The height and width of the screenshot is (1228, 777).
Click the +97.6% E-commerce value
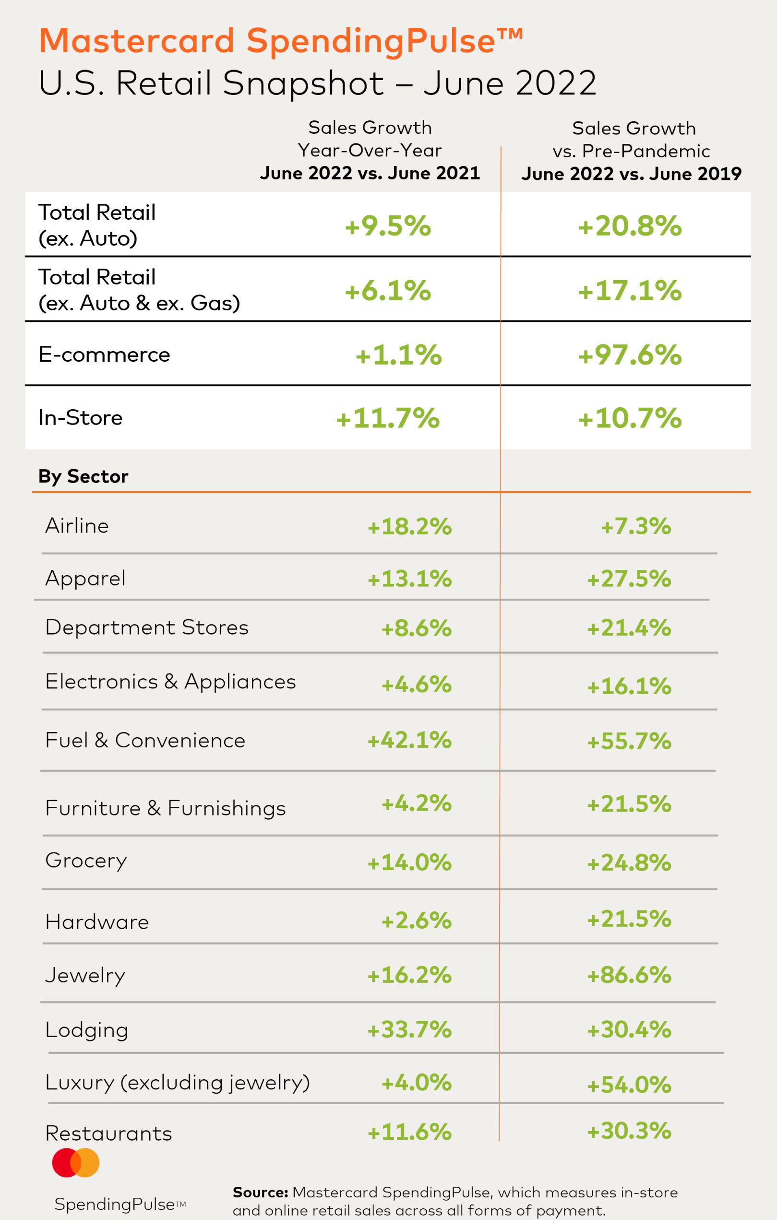pyautogui.click(x=630, y=355)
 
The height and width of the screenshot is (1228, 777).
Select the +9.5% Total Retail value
pyautogui.click(x=388, y=226)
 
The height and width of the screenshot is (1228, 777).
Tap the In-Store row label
pyautogui.click(x=81, y=418)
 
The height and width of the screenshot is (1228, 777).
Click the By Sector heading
pyautogui.click(x=83, y=476)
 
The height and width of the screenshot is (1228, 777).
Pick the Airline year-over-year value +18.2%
pyautogui.click(x=410, y=526)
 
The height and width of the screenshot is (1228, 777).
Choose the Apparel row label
pyautogui.click(x=85, y=579)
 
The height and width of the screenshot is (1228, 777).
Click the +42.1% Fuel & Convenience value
pyautogui.click(x=410, y=740)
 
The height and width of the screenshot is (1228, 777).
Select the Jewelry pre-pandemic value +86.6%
pyautogui.click(x=629, y=975)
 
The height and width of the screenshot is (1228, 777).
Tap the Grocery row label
pyautogui.click(x=86, y=861)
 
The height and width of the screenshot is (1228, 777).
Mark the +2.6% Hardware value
pyautogui.click(x=416, y=921)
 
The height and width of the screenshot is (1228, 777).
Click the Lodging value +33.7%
pyautogui.click(x=410, y=1029)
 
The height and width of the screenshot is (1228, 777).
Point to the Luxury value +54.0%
pyautogui.click(x=629, y=1085)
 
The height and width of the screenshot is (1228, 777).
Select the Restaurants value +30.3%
pyautogui.click(x=629, y=1131)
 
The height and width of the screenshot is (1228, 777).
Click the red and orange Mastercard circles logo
pyautogui.click(x=75, y=1163)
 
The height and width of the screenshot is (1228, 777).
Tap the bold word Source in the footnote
pyautogui.click(x=260, y=1193)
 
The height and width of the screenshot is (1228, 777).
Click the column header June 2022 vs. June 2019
pyautogui.click(x=631, y=174)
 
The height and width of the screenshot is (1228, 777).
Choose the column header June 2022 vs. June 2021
pyautogui.click(x=370, y=173)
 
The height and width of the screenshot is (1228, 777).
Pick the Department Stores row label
pyautogui.click(x=147, y=627)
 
